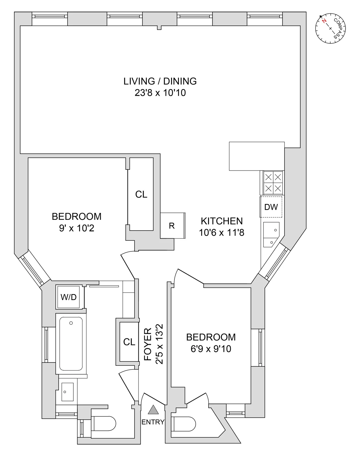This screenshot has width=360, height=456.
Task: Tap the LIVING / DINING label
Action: point(160,81)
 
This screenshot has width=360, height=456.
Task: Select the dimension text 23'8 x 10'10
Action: point(160,93)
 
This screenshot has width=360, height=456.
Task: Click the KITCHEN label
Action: point(222,221)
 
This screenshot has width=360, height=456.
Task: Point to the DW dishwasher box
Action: point(271,207)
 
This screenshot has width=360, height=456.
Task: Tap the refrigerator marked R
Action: point(172,226)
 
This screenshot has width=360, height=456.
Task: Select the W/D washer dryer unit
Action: point(68,297)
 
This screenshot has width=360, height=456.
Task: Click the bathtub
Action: point(71,344)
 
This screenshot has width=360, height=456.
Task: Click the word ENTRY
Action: point(153,422)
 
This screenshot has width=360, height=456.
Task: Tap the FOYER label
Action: point(148,344)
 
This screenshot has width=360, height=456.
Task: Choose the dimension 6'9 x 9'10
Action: point(211,349)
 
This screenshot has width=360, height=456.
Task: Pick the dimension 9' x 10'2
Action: point(77,228)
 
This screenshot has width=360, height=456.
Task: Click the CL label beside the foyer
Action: point(129,342)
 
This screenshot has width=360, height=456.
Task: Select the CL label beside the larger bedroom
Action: point(141,195)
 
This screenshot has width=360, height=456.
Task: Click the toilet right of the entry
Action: point(184,424)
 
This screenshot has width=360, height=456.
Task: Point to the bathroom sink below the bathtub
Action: point(67,392)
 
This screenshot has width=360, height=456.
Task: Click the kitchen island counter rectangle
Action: point(257,156)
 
